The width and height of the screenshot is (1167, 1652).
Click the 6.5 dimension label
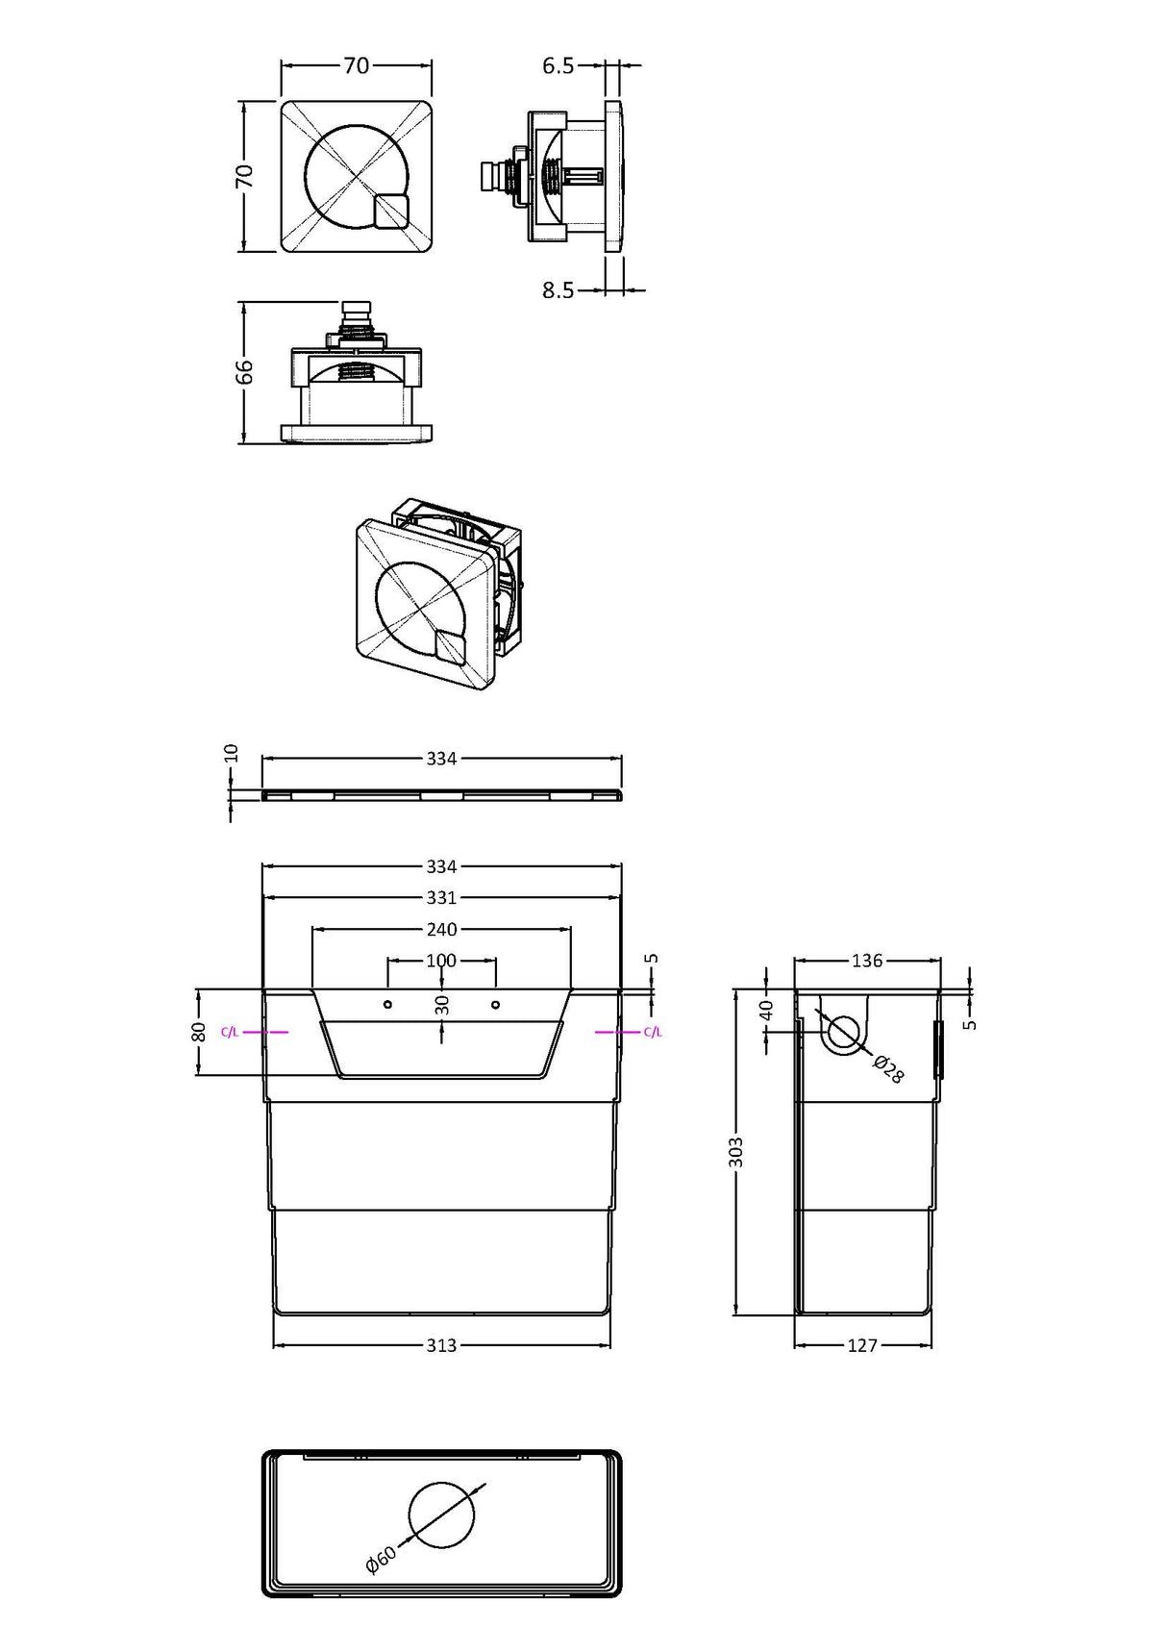(x=558, y=65)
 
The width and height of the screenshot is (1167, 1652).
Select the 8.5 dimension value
(x=558, y=290)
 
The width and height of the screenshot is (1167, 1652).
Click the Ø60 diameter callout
(x=381, y=1561)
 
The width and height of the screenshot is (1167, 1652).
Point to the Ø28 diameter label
(x=888, y=1069)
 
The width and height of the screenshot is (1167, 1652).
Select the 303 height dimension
(x=736, y=1151)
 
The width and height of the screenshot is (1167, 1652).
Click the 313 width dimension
(x=441, y=1345)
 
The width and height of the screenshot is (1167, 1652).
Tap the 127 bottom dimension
(x=862, y=1345)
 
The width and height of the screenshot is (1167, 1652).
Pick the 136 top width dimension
(x=867, y=960)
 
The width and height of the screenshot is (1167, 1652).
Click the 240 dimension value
(x=441, y=929)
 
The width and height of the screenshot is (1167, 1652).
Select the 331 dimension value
(x=441, y=897)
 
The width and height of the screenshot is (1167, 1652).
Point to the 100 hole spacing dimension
(x=441, y=960)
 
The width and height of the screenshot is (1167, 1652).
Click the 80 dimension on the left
(x=199, y=1031)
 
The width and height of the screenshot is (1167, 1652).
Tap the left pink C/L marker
(x=230, y=1032)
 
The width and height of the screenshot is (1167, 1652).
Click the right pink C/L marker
(x=653, y=1032)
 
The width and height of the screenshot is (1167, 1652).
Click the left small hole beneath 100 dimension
(x=386, y=1005)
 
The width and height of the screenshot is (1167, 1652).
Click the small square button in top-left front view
(x=391, y=212)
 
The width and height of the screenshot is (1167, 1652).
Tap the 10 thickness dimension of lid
(x=231, y=752)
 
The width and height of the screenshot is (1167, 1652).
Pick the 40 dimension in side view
(x=766, y=1010)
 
